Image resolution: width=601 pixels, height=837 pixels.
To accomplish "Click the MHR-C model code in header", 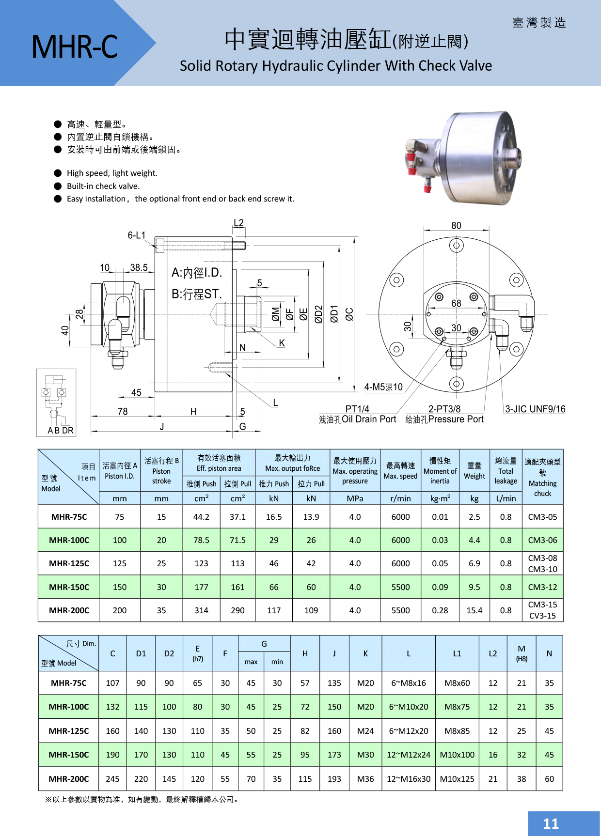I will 74,47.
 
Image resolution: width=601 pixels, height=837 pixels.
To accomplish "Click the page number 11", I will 551,823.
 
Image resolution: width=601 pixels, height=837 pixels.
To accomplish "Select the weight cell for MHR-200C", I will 474,610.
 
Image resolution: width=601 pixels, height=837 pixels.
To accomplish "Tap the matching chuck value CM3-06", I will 542,540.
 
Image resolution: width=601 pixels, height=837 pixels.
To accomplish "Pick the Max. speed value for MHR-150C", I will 400,587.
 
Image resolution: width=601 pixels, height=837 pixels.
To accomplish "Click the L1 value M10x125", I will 457,779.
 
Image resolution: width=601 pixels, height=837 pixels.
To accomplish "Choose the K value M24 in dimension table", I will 365,731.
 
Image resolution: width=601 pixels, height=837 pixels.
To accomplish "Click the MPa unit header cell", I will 355,498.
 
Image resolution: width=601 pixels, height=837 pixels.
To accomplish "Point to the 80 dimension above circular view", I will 456,226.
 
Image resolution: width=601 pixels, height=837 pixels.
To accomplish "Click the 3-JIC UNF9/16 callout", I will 535,409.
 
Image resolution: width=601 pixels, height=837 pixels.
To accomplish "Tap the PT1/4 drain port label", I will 357,409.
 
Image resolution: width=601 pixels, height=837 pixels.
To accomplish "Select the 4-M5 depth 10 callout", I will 383,387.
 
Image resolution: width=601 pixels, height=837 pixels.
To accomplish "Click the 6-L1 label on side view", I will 136,235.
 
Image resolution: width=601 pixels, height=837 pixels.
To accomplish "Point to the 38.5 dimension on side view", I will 139,268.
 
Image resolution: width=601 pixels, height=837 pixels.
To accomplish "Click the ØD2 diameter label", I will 318,314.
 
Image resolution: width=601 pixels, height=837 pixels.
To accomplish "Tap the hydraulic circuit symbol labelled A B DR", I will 56,403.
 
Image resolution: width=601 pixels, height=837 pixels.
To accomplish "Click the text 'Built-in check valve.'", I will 103,186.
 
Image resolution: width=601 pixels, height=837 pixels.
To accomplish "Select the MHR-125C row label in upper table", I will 69,563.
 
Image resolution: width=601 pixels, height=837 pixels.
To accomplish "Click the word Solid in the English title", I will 195,66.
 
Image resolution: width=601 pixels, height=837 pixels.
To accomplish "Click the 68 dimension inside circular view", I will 456,304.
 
